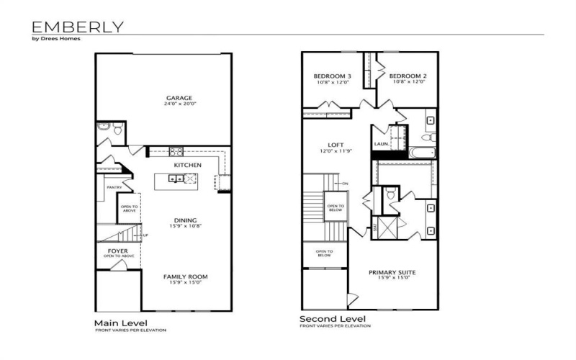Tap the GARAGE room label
[x=179, y=98]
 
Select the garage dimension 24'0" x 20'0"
[x=179, y=104]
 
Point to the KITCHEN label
[x=187, y=165]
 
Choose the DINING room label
[x=185, y=220]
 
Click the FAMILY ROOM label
[x=185, y=276]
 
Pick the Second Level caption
[x=332, y=318]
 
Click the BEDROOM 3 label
[x=332, y=76]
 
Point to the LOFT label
[x=336, y=145]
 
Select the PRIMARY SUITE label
[x=393, y=272]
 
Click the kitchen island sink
[x=176, y=179]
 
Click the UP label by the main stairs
[x=147, y=235]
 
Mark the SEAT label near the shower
[x=375, y=227]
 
